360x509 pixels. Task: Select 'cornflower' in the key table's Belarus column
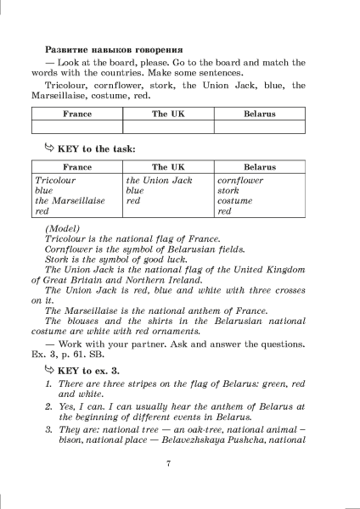(x=240, y=181)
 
